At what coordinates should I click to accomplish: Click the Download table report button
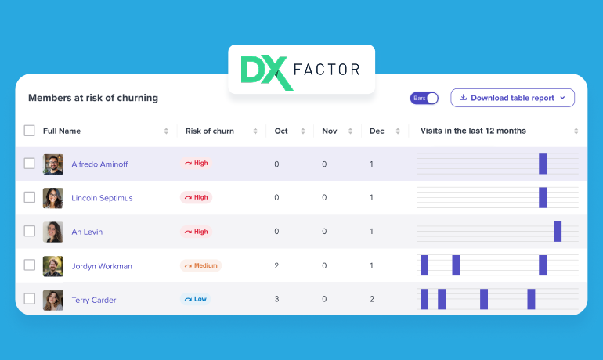point(512,98)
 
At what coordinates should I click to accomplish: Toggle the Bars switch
point(424,98)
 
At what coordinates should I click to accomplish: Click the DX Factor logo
point(301,70)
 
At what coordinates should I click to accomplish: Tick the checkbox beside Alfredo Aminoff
point(30,164)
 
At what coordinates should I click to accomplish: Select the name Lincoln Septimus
point(102,198)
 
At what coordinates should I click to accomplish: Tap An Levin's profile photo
point(53,232)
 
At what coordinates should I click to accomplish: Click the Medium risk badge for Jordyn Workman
point(200,265)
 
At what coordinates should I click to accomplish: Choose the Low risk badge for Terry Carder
point(195,299)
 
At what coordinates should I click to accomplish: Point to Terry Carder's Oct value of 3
point(276,300)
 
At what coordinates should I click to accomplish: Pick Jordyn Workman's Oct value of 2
point(276,266)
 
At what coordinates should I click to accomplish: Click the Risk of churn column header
point(209,131)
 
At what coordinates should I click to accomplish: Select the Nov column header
point(329,131)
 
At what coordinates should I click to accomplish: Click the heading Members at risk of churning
point(93,98)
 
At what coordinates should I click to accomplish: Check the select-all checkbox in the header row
point(30,131)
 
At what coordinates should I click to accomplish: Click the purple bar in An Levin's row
point(558,232)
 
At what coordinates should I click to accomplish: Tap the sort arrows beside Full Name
point(166,131)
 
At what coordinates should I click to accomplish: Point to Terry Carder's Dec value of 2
point(371,300)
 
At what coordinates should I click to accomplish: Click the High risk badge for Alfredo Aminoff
point(196,164)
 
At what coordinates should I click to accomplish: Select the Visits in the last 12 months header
point(473,131)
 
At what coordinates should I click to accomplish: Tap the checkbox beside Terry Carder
point(30,299)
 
